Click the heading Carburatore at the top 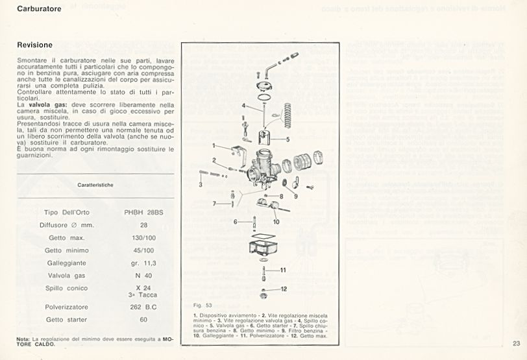click(x=39, y=9)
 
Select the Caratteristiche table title click(x=95, y=185)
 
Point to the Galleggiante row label click(x=63, y=263)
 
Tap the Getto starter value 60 click(x=143, y=320)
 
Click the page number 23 click(x=516, y=344)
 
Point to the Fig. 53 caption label click(x=203, y=304)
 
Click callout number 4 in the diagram click(x=243, y=105)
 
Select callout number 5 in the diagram click(x=287, y=139)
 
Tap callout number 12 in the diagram click(x=284, y=288)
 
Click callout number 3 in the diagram click(x=201, y=184)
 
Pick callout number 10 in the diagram click(x=276, y=221)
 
